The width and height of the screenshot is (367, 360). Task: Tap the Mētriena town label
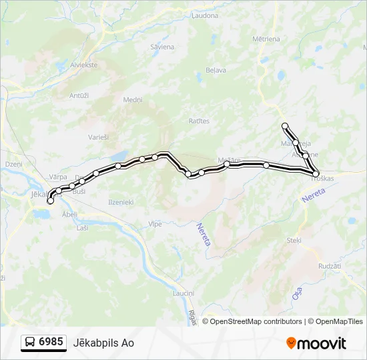(x=266, y=39)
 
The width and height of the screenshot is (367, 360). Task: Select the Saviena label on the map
(x=162, y=47)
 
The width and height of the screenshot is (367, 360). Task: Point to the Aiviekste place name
(x=85, y=65)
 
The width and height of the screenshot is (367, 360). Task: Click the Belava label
(x=216, y=69)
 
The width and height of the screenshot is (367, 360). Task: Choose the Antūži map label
(x=79, y=95)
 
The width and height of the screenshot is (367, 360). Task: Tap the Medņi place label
(x=133, y=99)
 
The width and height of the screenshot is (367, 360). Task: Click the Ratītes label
(x=199, y=121)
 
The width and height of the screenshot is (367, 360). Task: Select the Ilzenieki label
(x=121, y=201)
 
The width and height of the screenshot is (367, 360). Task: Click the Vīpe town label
(x=155, y=224)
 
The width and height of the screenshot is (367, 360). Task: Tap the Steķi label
(x=294, y=239)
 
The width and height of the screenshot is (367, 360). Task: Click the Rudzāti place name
(x=330, y=265)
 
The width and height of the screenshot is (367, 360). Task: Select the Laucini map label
(x=183, y=293)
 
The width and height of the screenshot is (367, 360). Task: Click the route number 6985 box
(x=44, y=342)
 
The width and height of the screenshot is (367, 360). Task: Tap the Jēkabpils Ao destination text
(x=109, y=343)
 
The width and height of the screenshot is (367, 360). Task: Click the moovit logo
(x=316, y=343)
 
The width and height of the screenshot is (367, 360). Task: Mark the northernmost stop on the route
(x=285, y=126)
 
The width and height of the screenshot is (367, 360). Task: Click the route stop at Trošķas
(x=316, y=173)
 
